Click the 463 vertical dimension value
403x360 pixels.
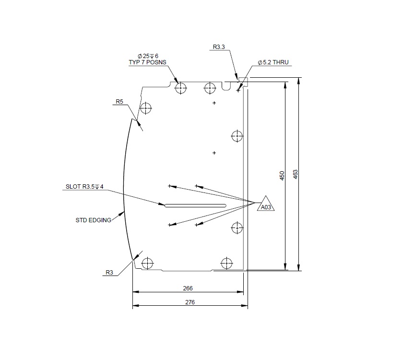[296, 174]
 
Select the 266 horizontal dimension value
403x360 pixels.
[188, 288]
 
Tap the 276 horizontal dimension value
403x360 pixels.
[190, 302]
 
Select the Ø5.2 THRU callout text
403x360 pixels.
[273, 63]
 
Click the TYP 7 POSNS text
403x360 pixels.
[147, 63]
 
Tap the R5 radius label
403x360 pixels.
[119, 101]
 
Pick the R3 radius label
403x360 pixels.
[109, 273]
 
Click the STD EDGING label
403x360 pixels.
[94, 220]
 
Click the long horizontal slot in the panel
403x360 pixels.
[195, 206]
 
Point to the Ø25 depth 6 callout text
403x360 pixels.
[148, 56]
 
